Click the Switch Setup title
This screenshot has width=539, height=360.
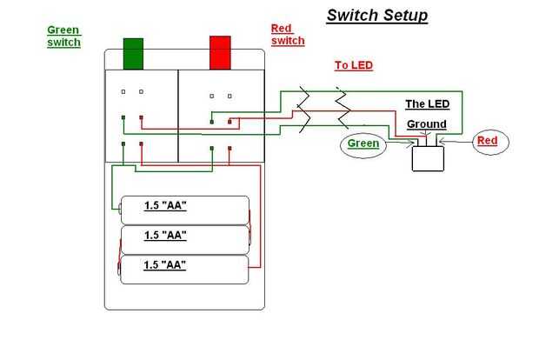[x=376, y=15]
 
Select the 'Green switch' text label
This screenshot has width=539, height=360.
[x=64, y=36]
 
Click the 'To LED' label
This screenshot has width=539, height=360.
[x=353, y=65]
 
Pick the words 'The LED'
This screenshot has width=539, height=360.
[x=426, y=103]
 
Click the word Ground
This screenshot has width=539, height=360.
[x=426, y=124]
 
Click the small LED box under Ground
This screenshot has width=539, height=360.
[x=427, y=157]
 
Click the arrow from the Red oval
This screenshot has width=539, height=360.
[x=456, y=140]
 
